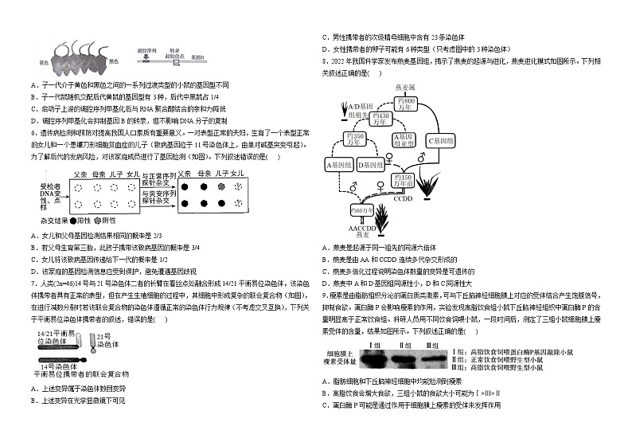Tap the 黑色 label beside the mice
(x=113, y=61)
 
